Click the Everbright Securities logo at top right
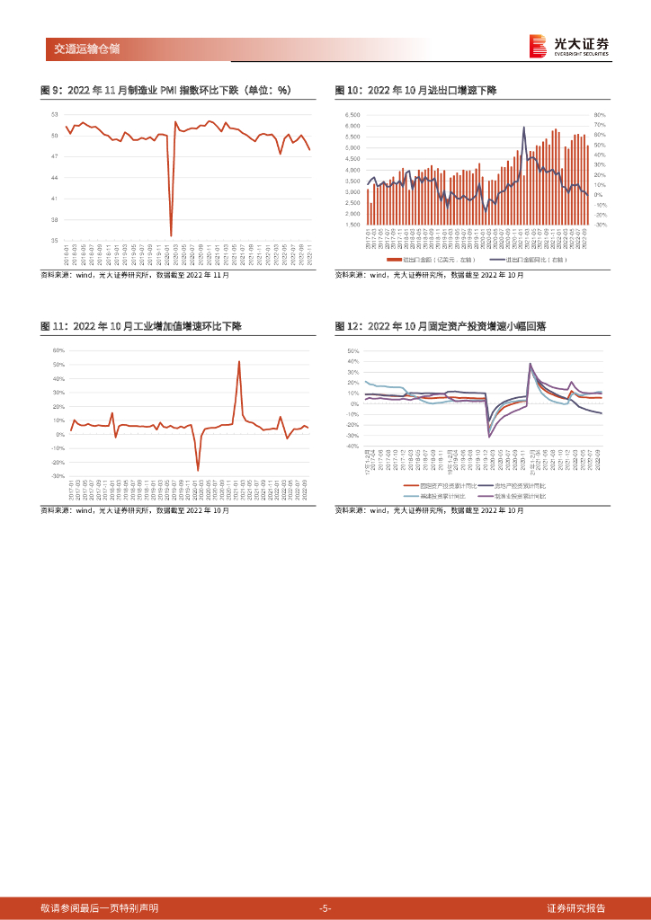coord(568,46)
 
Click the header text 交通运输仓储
coord(80,49)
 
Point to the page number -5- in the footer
coord(325,907)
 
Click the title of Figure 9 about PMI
coord(167,90)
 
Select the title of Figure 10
coord(415,90)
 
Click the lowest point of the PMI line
coord(171,236)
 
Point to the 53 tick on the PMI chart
coord(54,114)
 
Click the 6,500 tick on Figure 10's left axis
coord(352,115)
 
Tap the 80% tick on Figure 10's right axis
coord(600,115)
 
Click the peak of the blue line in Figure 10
coord(523,127)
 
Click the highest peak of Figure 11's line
coord(238,361)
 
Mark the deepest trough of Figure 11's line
coord(198,470)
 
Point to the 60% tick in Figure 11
coord(58,350)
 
